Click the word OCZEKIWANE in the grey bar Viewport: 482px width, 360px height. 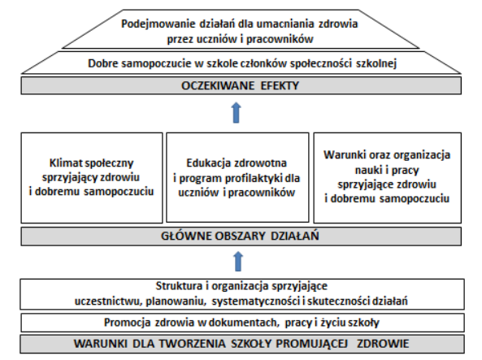pos(218,85)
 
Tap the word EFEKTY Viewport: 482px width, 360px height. pos(280,85)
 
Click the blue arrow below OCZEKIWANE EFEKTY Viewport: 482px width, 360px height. pos(236,112)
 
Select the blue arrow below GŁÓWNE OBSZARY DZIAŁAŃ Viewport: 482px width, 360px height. pos(238,262)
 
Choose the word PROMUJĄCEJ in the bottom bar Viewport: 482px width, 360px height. pos(311,344)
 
